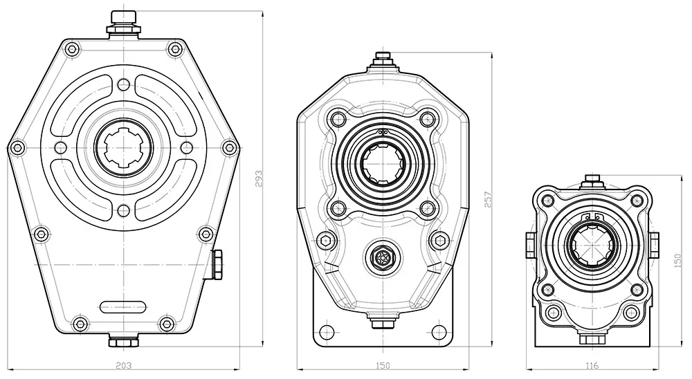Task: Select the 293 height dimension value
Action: (x=258, y=178)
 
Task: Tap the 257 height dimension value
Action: (x=487, y=199)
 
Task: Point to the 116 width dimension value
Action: (x=592, y=364)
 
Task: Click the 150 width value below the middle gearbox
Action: (x=383, y=364)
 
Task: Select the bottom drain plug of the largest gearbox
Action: (x=123, y=341)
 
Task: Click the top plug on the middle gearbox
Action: (x=383, y=60)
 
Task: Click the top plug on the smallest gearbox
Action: (x=592, y=181)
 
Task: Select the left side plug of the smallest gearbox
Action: (x=530, y=243)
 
